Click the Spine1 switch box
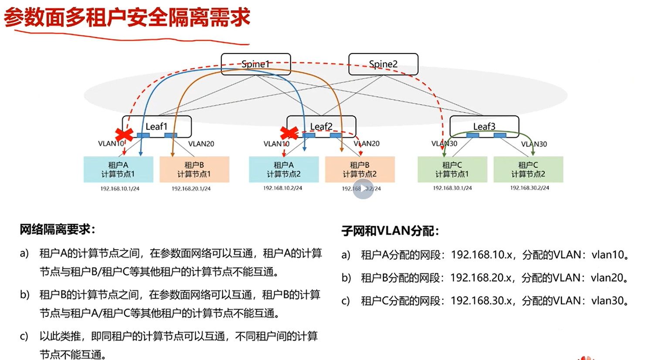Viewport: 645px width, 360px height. coord(255,64)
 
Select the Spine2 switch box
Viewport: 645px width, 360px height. coord(383,64)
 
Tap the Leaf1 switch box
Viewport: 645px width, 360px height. coord(156,126)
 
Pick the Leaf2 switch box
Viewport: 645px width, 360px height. coord(321,126)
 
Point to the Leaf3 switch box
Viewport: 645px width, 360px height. coord(484,126)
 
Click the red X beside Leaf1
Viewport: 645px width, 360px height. coord(124,135)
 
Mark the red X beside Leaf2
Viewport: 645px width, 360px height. coord(289,133)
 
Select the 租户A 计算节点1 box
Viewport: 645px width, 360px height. coord(118,170)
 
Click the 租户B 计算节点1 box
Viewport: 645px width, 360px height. coord(194,170)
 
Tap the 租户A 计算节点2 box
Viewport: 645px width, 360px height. coord(284,170)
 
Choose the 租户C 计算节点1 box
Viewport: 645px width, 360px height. coord(452,170)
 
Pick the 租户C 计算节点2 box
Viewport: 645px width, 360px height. coord(528,170)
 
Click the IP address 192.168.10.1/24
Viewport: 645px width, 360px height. coord(120,189)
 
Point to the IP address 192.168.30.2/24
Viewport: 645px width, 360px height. coord(530,188)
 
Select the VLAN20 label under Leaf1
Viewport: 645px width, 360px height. coord(201,143)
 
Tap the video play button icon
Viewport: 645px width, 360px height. coord(363,189)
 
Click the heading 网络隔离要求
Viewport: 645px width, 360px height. coord(57,229)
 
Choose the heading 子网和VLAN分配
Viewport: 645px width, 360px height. coord(390,231)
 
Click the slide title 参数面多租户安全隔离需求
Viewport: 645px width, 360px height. coord(127,18)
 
